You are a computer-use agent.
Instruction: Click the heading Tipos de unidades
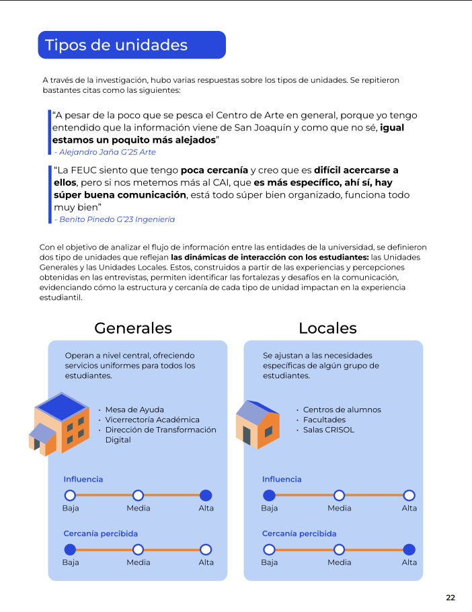116,45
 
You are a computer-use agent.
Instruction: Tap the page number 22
450,597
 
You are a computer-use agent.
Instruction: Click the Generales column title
133,328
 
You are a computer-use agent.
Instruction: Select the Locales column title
327,328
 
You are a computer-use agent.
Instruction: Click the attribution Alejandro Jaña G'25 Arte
105,152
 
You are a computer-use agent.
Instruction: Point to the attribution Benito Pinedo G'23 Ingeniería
114,219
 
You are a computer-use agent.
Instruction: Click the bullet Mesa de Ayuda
134,410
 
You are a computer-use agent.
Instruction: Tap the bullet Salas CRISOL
329,430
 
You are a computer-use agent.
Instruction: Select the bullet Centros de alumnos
342,410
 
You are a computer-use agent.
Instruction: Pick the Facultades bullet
324,420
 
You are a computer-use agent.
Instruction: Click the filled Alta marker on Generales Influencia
206,495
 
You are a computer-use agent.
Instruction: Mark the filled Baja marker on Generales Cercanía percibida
70,549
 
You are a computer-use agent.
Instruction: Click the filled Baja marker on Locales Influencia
269,495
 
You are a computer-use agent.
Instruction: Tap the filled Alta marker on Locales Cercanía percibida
409,549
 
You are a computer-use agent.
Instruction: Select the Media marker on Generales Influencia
138,495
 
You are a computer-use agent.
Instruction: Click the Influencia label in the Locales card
282,480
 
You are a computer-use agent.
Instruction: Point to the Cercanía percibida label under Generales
100,534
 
